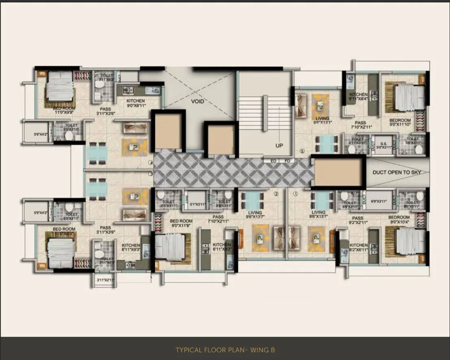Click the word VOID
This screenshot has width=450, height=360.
point(198,101)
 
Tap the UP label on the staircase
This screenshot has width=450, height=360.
point(279,145)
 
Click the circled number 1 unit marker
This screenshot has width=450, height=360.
point(296,194)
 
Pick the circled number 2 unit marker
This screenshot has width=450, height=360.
point(276,194)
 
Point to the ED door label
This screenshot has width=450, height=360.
point(274,161)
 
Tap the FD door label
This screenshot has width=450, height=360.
point(287,161)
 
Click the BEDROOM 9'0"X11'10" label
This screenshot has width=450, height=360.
point(400,123)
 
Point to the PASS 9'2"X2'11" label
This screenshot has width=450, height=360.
point(358,221)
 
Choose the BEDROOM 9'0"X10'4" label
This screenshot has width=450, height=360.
point(399,220)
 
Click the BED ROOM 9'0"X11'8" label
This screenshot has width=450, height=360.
point(181,223)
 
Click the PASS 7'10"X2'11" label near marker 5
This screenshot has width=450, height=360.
point(360,125)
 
